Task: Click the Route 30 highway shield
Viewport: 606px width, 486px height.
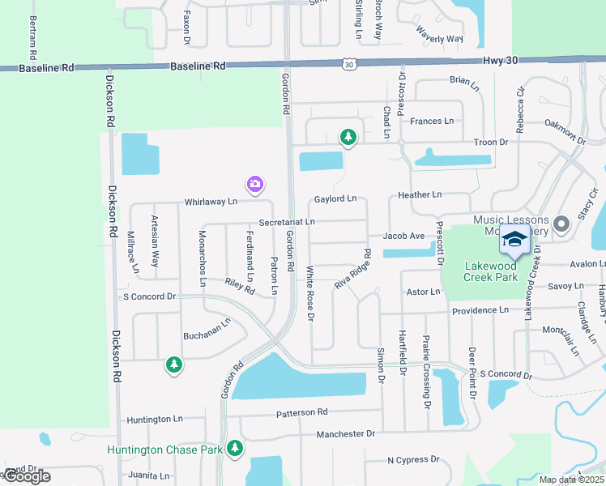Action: pos(348,63)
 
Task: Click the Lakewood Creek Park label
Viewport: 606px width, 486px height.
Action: pos(490,271)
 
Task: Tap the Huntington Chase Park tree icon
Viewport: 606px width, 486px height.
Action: pos(235,447)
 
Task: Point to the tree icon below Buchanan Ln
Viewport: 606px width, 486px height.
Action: pos(173,365)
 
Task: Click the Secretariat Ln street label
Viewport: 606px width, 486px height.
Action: pos(287,222)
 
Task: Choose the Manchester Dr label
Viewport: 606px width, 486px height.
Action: pos(346,434)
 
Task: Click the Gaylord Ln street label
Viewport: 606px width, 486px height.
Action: pos(335,198)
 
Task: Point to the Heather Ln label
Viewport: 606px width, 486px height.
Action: pos(420,195)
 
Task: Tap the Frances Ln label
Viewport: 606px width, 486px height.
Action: pos(432,122)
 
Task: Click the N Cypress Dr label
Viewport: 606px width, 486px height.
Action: pos(412,459)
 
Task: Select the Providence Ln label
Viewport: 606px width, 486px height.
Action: pos(480,310)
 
